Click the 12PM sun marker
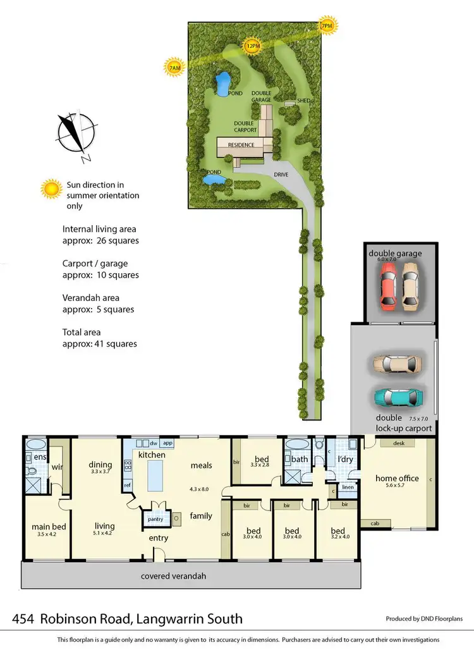click(x=253, y=46)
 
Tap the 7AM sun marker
click(x=173, y=66)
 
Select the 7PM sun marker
click(x=327, y=26)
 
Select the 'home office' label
click(x=396, y=478)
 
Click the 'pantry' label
click(x=155, y=519)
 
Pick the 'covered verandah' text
click(x=173, y=576)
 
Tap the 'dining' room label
click(x=100, y=465)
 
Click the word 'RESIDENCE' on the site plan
click(x=241, y=145)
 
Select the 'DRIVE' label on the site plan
click(x=281, y=174)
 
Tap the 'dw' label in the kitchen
click(x=154, y=443)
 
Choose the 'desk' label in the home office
click(x=398, y=443)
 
